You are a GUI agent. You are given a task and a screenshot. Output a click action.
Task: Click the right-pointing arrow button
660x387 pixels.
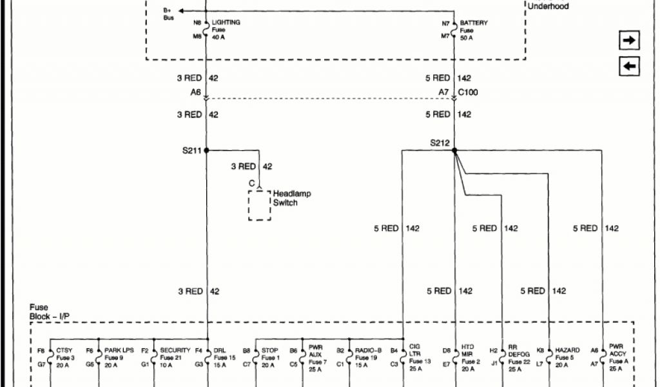629,41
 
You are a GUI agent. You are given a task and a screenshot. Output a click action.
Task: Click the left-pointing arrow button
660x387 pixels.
629,66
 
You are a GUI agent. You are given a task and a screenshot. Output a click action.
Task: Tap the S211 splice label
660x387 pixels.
191,150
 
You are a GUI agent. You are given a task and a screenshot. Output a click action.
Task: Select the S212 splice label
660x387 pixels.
440,143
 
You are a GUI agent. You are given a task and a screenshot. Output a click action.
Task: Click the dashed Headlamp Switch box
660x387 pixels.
260,206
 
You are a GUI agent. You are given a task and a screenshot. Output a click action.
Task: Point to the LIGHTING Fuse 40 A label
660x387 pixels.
226,30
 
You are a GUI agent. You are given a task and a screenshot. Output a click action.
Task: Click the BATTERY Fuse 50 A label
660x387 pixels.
474,30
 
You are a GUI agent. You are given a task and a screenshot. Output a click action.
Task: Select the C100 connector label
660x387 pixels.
468,92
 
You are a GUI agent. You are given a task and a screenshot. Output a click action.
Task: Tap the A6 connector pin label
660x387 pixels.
196,92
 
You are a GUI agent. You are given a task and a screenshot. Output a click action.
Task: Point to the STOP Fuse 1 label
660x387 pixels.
270,358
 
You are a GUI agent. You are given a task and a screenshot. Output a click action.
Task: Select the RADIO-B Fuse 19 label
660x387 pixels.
368,358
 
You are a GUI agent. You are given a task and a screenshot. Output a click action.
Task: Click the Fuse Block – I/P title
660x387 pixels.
48,312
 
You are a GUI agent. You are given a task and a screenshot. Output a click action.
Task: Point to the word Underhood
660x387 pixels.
548,7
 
